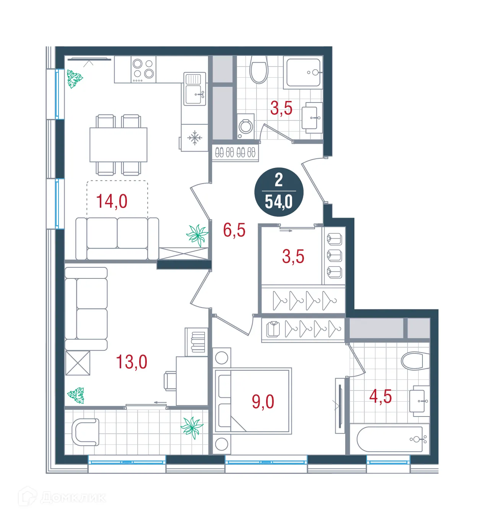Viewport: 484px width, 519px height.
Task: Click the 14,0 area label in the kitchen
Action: (112, 201)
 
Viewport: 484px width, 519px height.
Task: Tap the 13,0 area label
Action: (132, 362)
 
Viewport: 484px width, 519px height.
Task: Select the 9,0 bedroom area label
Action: (263, 402)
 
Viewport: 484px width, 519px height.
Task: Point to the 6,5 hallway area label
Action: (234, 230)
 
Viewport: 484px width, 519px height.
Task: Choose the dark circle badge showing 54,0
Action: (279, 192)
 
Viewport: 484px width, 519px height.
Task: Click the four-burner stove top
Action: (143, 70)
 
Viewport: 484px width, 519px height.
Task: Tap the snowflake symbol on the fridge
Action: (195, 138)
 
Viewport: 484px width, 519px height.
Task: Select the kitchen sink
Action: (195, 89)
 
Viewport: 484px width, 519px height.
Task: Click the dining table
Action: (119, 145)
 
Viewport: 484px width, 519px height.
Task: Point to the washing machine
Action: (245, 126)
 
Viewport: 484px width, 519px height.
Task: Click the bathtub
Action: (390, 439)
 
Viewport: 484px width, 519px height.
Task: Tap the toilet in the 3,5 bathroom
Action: (259, 69)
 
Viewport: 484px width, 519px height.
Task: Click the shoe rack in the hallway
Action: (235, 153)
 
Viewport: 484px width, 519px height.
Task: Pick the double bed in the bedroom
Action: (252, 401)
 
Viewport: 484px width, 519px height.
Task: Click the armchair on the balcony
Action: (85, 432)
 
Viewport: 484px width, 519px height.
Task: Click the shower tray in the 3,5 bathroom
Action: (303, 72)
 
